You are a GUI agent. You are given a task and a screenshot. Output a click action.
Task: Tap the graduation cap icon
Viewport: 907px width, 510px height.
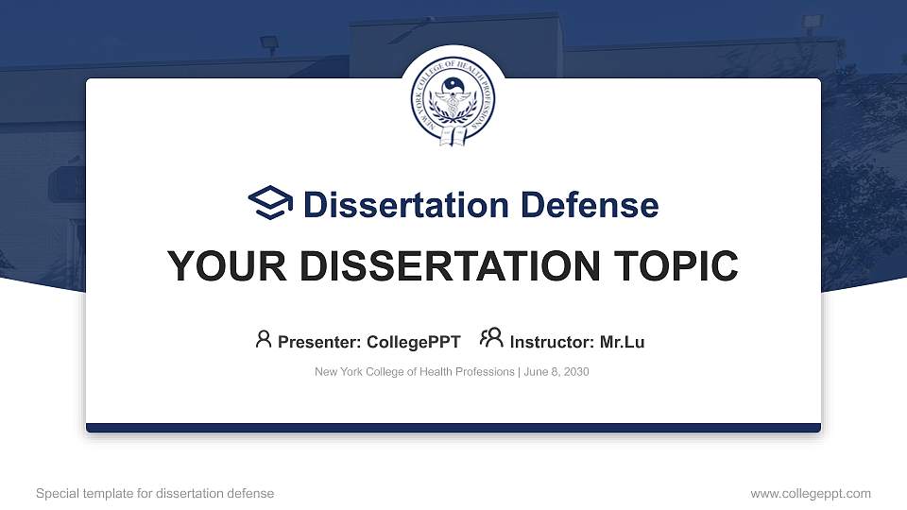click(271, 203)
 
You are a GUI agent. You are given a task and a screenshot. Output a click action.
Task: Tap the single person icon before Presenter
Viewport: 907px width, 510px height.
click(264, 339)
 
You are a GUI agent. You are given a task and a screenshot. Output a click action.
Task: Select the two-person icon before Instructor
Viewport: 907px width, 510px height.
click(491, 339)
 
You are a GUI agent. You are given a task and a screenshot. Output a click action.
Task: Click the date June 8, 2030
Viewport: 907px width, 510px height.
click(556, 372)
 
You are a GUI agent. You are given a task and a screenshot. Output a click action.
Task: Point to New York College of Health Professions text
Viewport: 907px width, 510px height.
click(415, 372)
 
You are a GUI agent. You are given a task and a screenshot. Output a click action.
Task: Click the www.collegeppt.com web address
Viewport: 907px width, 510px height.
click(811, 493)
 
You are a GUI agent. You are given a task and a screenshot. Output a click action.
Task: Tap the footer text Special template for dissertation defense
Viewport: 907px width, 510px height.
click(155, 493)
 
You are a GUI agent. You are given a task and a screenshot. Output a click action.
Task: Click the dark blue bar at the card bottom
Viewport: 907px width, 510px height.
click(453, 428)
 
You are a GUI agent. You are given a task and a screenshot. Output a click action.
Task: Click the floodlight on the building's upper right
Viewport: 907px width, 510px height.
click(811, 22)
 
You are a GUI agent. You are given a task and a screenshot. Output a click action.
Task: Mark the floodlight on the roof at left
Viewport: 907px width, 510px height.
click(269, 43)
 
